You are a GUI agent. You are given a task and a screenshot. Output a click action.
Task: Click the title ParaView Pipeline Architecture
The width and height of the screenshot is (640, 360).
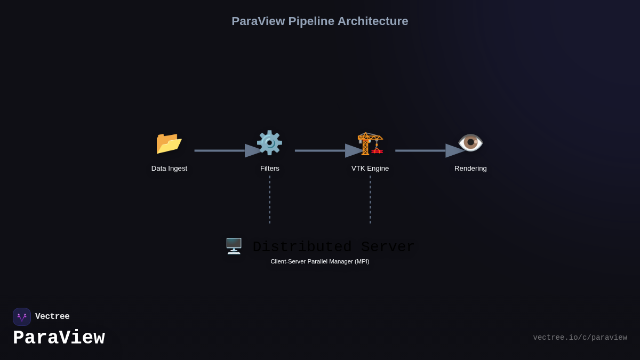(319, 21)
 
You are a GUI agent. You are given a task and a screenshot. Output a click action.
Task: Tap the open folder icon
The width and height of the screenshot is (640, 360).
(169, 143)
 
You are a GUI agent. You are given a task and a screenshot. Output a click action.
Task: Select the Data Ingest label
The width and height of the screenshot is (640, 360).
(169, 169)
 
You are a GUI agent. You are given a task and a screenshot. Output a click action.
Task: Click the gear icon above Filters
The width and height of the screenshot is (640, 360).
(269, 143)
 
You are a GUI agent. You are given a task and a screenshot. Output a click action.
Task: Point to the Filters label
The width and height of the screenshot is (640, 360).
(269, 169)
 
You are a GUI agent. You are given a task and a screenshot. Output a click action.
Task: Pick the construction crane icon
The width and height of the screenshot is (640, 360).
(370, 143)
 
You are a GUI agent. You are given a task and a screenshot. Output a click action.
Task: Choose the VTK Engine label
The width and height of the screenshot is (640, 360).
(370, 169)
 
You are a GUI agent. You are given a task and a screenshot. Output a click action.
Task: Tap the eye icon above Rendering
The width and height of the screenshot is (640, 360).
(470, 143)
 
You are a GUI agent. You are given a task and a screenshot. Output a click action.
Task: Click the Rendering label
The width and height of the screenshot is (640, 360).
(470, 169)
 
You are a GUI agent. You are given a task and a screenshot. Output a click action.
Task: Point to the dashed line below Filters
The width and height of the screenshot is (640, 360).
(270, 199)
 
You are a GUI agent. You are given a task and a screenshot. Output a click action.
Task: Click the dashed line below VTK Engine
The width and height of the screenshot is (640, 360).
(370, 199)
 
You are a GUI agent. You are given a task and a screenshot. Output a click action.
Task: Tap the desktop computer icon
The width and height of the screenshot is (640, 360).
(234, 246)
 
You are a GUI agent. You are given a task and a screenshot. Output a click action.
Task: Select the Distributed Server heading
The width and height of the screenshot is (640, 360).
(333, 247)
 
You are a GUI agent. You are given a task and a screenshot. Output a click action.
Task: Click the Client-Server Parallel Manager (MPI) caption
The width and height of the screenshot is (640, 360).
(319, 261)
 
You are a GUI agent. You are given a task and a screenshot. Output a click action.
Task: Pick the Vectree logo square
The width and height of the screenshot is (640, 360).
(22, 317)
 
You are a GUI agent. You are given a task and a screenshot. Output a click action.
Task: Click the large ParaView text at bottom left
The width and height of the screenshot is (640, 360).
(59, 338)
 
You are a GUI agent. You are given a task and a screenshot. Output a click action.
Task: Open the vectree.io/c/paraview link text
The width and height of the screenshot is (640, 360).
(580, 338)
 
